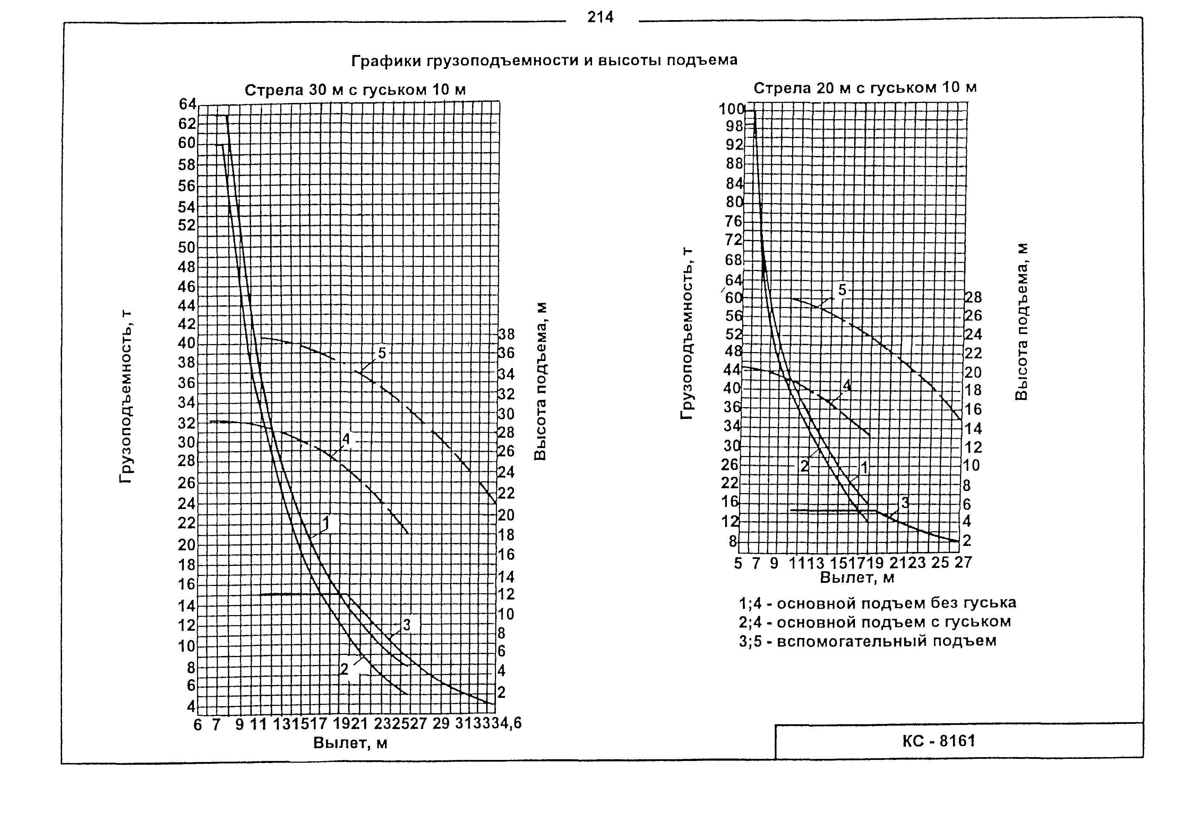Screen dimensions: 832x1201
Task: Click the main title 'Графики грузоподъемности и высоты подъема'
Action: (544, 61)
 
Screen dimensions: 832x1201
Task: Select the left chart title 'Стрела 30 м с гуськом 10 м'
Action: (355, 90)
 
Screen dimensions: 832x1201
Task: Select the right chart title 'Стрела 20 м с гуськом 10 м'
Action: (865, 88)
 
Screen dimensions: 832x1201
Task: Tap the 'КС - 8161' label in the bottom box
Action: (938, 741)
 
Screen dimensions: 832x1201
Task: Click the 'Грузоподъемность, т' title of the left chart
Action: (126, 396)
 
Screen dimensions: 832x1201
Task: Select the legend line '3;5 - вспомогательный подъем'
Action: (867, 641)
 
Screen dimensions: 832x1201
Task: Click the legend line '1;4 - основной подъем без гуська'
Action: (877, 603)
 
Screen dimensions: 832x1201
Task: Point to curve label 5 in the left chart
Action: (382, 353)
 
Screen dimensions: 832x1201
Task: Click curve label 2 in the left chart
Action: (344, 669)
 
